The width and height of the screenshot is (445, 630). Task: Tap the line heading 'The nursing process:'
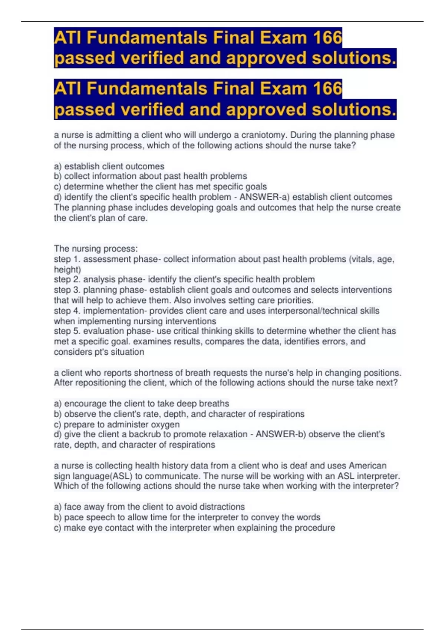coord(96,248)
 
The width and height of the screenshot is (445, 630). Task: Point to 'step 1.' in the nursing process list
coord(67,259)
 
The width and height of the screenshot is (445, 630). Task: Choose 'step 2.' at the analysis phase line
coord(67,279)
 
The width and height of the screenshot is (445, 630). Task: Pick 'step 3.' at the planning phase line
coord(67,290)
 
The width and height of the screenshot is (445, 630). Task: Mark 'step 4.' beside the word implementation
coord(67,311)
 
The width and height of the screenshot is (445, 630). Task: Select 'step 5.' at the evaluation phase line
coord(67,331)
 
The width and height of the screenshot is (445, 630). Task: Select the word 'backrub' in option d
coord(144,434)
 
